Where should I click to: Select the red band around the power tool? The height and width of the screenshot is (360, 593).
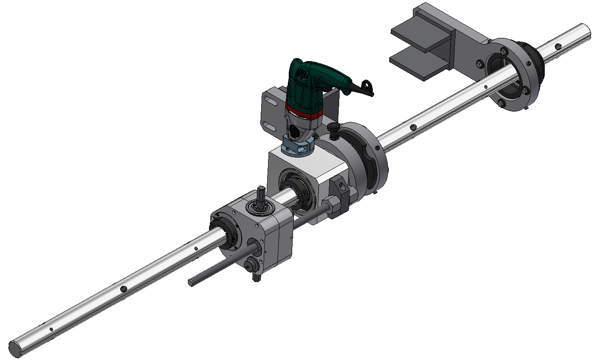pyautogui.click(x=302, y=113)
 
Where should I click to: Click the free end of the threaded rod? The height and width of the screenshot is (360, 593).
pyautogui.click(x=191, y=282)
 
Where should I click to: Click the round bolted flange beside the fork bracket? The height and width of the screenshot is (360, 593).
pyautogui.click(x=513, y=75)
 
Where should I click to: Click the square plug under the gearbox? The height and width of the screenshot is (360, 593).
pyautogui.click(x=256, y=278)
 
